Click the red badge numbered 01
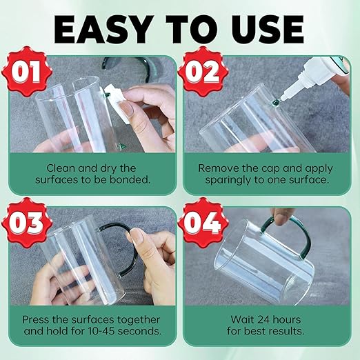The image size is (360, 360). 27,71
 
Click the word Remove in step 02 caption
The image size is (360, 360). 217,168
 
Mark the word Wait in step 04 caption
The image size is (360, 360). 242,320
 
